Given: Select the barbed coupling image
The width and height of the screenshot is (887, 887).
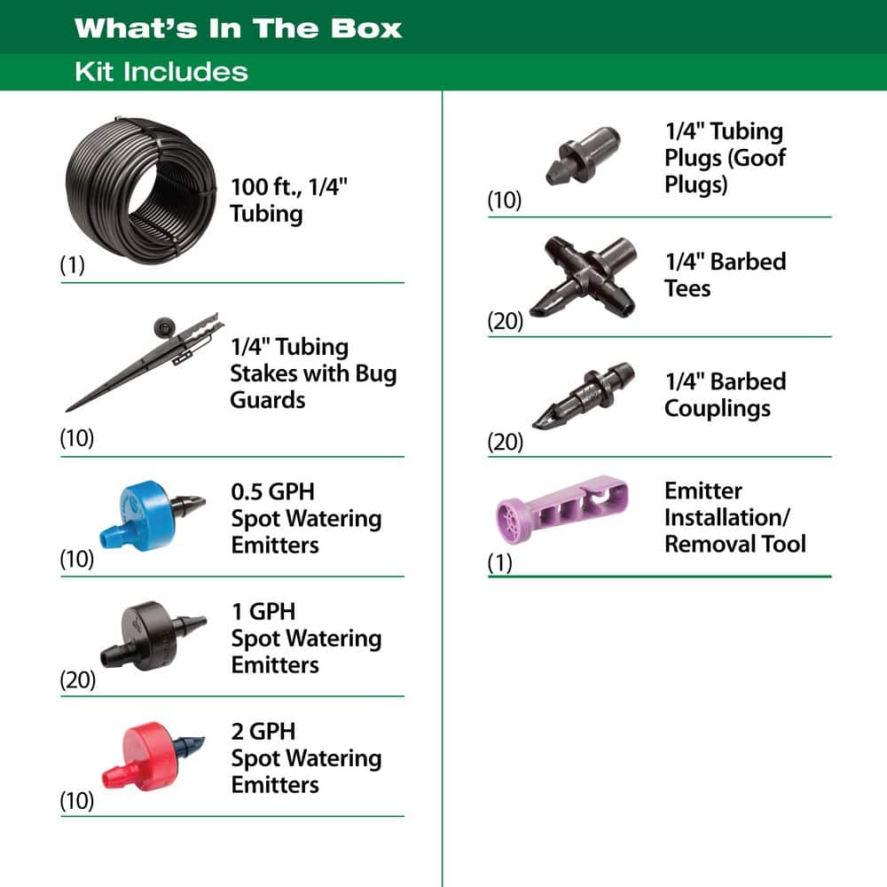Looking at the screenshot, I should [581, 395].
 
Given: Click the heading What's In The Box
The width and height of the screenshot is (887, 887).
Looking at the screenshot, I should [238, 27].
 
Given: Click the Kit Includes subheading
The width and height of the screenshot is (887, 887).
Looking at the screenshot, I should [161, 71].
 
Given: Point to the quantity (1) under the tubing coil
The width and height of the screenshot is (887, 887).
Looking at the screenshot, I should [72, 265].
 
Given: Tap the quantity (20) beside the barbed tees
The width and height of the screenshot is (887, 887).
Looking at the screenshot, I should [506, 321].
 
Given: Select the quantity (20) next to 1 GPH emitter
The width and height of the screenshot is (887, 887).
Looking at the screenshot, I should [77, 681].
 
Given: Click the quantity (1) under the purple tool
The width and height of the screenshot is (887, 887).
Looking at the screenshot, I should [500, 563].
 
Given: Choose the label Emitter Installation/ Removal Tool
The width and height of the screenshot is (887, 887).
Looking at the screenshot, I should [734, 517].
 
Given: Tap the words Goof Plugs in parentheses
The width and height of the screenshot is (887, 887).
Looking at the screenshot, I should [725, 172].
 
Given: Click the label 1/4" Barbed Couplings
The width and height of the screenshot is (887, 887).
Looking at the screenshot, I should [725, 395].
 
